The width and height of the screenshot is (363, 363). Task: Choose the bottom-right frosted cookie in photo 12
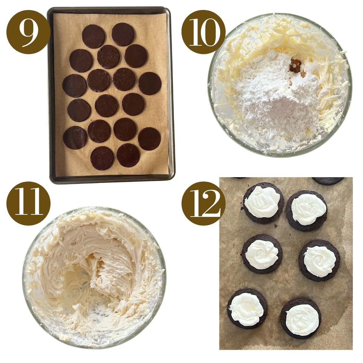(301, 318)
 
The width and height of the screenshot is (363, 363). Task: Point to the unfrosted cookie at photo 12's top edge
(328, 181)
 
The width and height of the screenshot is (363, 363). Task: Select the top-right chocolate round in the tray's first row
(123, 34)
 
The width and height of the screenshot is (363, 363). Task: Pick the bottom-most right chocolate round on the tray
(128, 155)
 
